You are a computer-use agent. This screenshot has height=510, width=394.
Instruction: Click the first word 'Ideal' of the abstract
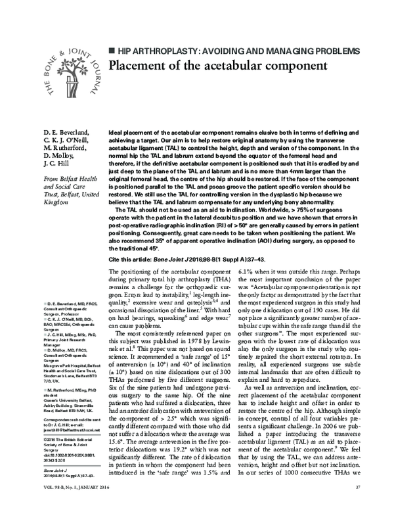[x=114, y=133]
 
